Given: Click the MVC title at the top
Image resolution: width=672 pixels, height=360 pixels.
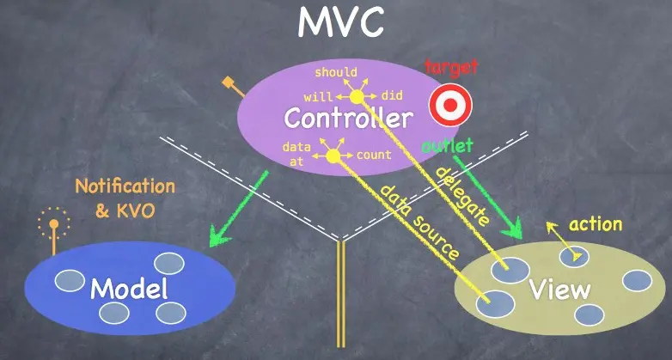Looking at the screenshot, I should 340,23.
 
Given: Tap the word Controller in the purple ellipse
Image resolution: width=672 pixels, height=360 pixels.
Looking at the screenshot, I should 348,119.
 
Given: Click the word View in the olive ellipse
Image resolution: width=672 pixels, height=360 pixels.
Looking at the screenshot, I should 559,289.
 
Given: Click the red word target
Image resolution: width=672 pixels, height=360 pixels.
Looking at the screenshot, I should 451,66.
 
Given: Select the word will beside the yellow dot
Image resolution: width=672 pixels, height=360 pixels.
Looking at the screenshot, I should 317,96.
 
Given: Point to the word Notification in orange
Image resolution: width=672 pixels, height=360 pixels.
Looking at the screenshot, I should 125,186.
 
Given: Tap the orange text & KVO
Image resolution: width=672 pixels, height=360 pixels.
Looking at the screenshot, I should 125,210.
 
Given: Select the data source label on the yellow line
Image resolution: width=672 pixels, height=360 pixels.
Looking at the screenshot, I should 419,223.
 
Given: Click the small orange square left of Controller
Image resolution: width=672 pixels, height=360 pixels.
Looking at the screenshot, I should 228,82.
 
